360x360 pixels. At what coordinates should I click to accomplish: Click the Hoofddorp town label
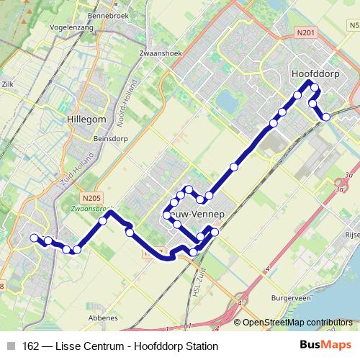point(314,73)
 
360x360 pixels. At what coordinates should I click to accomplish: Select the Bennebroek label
point(106,15)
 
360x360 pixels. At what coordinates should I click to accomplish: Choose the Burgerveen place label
point(291,297)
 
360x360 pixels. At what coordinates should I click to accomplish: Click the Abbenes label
point(103,317)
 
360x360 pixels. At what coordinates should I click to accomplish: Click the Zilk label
point(8,84)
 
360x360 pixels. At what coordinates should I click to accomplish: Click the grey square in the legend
point(12,345)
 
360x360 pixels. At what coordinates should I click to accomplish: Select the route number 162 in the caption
point(30,345)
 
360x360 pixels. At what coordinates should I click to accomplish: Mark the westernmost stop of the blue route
point(33,238)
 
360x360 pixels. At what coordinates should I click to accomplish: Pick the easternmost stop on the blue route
point(326,117)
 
